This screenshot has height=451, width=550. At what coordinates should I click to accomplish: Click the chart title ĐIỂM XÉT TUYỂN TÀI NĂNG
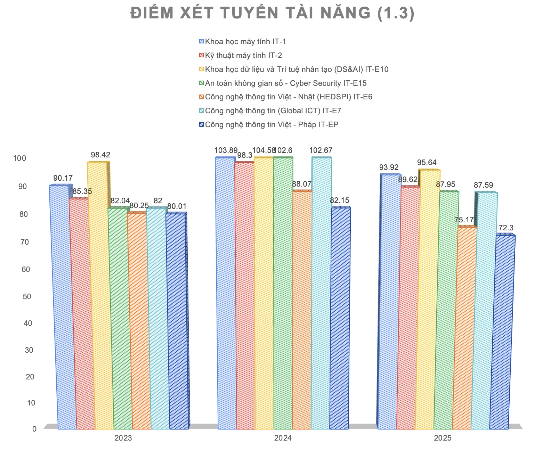(273, 13)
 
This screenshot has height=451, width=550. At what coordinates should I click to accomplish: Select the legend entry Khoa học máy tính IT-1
(245, 42)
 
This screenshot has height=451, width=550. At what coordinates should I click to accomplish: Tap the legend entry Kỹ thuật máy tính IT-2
(243, 56)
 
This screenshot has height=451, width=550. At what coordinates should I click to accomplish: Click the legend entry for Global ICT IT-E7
(273, 111)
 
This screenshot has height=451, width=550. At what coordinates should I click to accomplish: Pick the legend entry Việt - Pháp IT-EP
(272, 125)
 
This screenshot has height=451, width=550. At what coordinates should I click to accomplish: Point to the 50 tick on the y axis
(26, 296)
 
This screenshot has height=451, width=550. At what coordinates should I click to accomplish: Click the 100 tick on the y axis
(19, 158)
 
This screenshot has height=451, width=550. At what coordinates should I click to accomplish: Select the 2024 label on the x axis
(283, 438)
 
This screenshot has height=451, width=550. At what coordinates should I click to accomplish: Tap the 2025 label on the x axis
(442, 438)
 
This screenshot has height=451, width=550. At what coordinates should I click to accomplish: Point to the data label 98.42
(100, 155)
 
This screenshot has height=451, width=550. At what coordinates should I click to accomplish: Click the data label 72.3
(506, 228)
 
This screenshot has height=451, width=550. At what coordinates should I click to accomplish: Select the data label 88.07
(302, 184)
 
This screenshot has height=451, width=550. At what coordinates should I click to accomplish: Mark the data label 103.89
(226, 150)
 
